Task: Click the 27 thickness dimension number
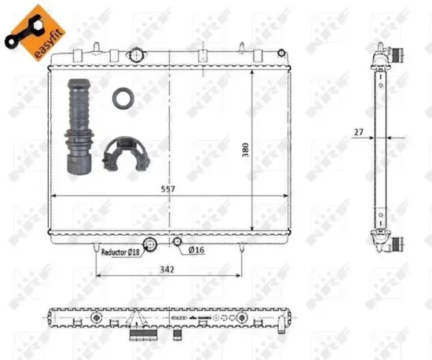(x=357, y=133)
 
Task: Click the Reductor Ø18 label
(x=120, y=252)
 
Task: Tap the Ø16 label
(x=196, y=251)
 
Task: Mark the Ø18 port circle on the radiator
(x=152, y=245)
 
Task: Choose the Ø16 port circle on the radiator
(x=178, y=241)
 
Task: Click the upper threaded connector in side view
(x=397, y=57)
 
